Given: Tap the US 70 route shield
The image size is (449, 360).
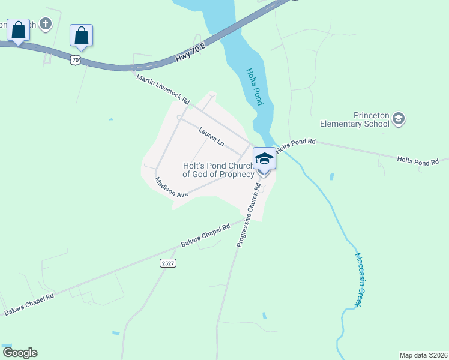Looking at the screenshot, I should tap(74, 59).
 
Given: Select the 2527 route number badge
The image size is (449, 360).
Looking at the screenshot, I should tap(167, 263).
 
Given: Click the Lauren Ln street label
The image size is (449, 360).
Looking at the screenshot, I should tap(211, 136).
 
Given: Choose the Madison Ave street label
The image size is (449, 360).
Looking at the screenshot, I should tap(171, 187).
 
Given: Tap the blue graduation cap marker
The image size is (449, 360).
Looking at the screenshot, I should tap(264, 160).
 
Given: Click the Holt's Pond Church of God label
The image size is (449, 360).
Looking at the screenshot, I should tap(218, 170).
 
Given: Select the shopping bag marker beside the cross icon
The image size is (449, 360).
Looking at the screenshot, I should tap(19, 31).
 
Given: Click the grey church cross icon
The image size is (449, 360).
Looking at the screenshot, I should tap(46, 24).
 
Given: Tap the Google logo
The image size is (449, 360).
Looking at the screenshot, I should tap(20, 353).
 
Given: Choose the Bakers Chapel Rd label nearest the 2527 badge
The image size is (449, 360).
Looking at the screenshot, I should tap(205, 237).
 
